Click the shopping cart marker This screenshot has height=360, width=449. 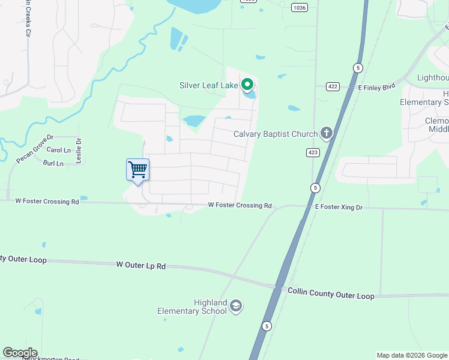click(137, 170)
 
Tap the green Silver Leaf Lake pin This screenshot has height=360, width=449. click(246, 85)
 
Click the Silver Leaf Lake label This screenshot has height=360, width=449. click(209, 85)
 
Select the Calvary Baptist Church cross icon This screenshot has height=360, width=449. click(326, 133)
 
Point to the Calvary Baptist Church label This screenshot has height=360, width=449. click(276, 134)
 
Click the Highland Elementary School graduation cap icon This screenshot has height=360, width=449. click(236, 307)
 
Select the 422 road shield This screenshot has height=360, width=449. click(333, 86)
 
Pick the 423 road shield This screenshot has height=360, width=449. click(312, 152)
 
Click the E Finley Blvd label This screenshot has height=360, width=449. click(376, 86)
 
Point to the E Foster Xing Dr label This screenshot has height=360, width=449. click(339, 206)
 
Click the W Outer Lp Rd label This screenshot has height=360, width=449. click(140, 265)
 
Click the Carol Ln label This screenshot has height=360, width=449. click(58, 150)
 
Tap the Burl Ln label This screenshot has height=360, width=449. click(53, 163)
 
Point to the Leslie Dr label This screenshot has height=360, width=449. click(79, 150)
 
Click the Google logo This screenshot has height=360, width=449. click(20, 353)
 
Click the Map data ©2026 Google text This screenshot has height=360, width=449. click(411, 355)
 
